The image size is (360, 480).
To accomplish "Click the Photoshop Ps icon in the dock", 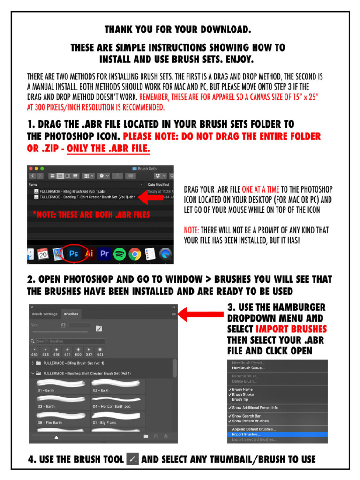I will coord(74,254).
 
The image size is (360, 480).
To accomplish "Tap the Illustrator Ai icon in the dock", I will coord(89,254).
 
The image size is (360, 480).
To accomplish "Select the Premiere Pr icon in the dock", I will coord(104,254).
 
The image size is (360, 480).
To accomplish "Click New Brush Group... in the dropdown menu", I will coord(248,368).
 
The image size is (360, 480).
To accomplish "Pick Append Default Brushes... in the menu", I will coord(254,429).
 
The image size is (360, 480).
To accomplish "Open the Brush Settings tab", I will coord(45,314).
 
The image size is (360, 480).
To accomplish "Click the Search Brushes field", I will coord(70,341).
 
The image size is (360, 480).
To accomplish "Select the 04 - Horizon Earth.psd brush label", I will coord(111,406).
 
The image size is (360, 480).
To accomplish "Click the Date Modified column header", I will coord(158,185).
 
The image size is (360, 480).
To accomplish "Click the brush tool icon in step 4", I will coord(132,459).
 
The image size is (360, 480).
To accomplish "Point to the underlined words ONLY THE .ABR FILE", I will coord(108,149).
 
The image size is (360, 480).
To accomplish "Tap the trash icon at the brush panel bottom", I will coord(165,436).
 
